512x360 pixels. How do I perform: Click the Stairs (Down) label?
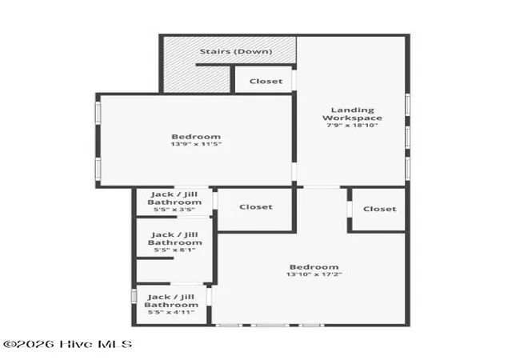(236, 51)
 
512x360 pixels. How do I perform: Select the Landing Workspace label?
(352, 114)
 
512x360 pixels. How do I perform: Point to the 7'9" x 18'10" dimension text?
(352, 125)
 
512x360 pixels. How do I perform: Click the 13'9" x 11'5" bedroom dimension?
(196, 144)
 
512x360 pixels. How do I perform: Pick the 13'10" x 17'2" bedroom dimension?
(314, 274)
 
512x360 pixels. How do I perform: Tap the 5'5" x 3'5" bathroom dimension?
(174, 210)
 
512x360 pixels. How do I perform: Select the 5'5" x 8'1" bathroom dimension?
(174, 250)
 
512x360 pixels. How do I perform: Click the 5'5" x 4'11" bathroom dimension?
(171, 312)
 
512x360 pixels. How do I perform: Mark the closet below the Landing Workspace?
(380, 209)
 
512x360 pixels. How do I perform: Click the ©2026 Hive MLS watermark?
(67, 344)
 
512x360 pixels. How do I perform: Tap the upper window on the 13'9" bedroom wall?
(98, 113)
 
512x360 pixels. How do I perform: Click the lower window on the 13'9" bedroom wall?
(98, 169)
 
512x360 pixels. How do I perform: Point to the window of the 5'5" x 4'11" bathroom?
(134, 296)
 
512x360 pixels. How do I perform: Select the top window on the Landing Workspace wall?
(407, 105)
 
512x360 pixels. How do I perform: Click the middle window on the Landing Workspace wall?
(407, 137)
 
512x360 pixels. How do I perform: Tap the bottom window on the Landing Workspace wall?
(407, 169)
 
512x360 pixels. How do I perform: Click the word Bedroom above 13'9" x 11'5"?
(196, 137)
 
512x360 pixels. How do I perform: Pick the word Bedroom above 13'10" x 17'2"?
(314, 267)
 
